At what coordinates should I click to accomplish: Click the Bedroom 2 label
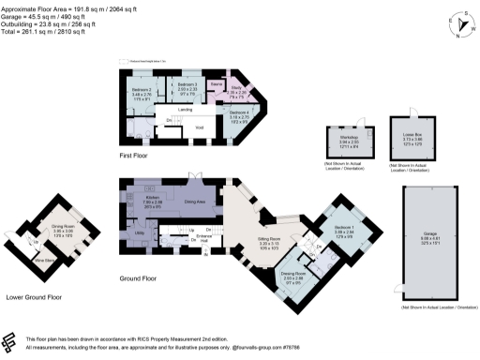(142, 89)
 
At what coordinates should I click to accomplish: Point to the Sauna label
(216, 83)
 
